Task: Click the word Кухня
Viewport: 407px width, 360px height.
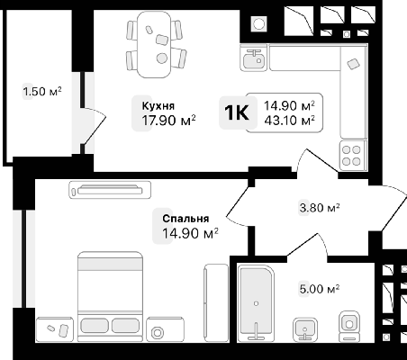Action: coord(158,106)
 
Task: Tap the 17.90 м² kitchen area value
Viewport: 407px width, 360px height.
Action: coord(168,121)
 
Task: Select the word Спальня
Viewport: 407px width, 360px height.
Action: coord(185,219)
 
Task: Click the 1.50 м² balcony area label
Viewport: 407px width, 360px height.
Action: coord(42,91)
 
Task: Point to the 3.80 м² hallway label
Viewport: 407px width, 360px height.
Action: coord(320,208)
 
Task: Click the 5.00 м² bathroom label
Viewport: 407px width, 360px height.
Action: coord(320,289)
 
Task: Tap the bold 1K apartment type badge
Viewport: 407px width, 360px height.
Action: coord(237,112)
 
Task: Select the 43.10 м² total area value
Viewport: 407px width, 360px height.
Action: coord(289,121)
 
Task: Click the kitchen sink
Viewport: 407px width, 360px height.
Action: coord(254,58)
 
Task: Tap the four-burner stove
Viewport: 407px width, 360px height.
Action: coord(351,156)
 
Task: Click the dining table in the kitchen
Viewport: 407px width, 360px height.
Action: coord(154,44)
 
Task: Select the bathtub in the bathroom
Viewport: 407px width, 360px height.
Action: coord(257,303)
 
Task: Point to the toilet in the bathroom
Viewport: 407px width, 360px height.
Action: coord(349,326)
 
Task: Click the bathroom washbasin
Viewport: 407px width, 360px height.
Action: coord(305,329)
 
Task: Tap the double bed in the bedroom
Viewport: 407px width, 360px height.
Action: coord(110,296)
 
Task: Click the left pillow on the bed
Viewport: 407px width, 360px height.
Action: coord(95,326)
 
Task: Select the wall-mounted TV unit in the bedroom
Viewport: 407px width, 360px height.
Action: coord(110,190)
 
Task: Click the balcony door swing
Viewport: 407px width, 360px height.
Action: coord(94,126)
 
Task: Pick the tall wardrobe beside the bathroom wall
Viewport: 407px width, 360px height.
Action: coord(216,302)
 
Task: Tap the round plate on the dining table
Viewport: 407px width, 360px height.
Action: coord(162,58)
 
